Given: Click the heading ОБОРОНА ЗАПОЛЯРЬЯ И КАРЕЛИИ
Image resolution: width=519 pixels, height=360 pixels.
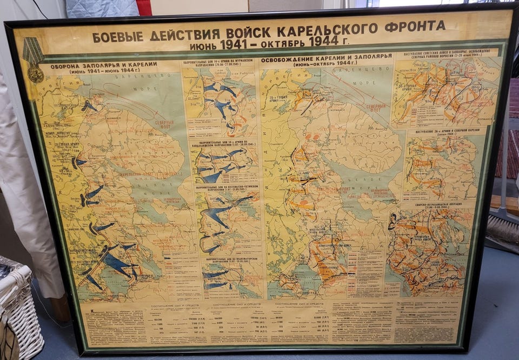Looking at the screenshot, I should [104, 65].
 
